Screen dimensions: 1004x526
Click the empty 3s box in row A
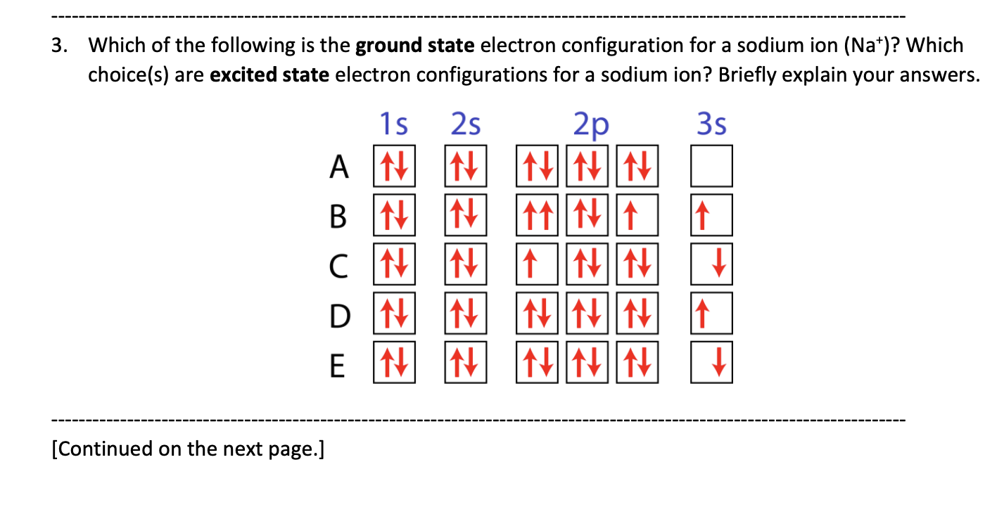click(711, 166)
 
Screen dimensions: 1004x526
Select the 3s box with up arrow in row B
click(711, 215)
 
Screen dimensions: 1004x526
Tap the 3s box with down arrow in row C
click(711, 264)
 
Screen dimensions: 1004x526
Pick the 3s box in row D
click(711, 314)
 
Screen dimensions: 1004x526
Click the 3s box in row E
click(711, 363)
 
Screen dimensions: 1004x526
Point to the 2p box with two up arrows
click(538, 215)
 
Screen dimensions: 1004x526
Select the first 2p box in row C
click(538, 264)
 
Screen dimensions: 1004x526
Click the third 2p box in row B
click(637, 215)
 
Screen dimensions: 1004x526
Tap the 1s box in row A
click(394, 166)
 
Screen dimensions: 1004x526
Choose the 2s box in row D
click(465, 314)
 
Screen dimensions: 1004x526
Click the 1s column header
click(393, 125)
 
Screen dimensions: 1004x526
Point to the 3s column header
click(711, 125)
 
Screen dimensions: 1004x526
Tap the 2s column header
click(465, 125)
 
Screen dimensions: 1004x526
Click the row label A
click(340, 167)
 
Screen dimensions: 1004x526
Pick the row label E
click(338, 364)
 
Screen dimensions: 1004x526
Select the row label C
click(339, 266)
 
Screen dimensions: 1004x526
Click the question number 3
click(58, 46)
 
